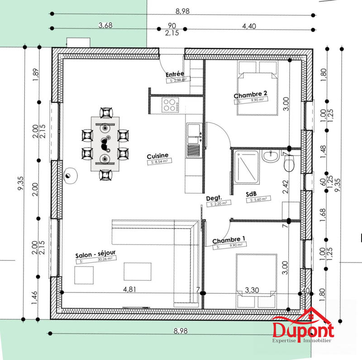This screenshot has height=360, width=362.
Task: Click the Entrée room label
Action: [x=175, y=74]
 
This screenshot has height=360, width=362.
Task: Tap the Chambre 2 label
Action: [x=250, y=95]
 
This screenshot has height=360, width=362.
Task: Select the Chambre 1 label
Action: [x=229, y=240]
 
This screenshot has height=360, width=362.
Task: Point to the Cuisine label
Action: [x=157, y=155]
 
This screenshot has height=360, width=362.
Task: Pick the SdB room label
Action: [x=252, y=193]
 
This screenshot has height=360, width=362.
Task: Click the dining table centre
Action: [x=105, y=143]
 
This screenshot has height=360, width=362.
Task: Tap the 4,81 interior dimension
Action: [x=129, y=288]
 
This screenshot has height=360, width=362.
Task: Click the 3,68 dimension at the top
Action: [x=105, y=26]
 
